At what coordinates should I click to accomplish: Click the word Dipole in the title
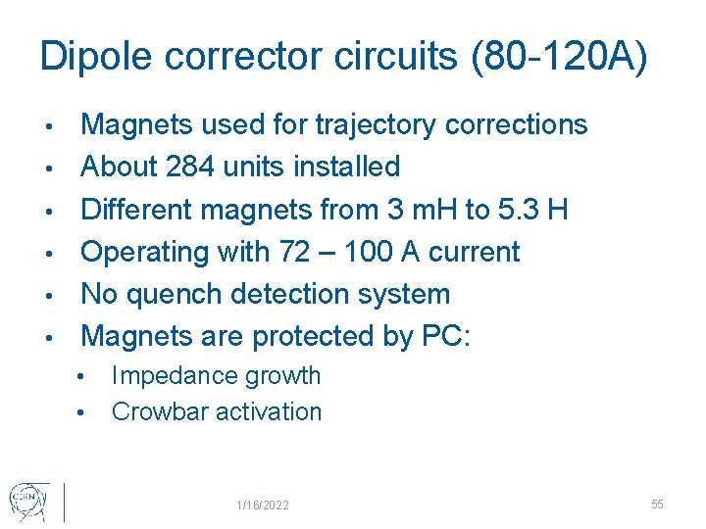click(x=96, y=57)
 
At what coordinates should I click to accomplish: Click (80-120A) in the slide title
click(x=560, y=57)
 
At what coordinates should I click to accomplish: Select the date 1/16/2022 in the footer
click(x=263, y=505)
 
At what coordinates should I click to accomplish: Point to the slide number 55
click(x=657, y=504)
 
